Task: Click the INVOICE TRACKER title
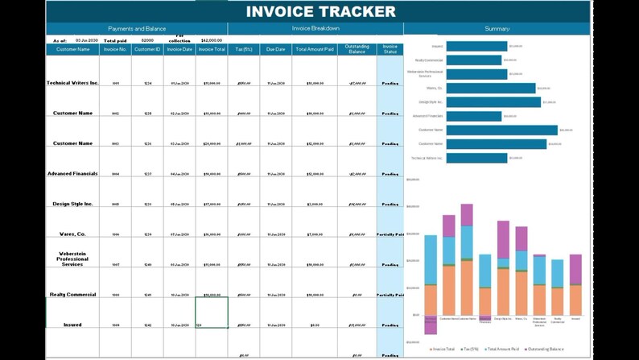tap(320, 11)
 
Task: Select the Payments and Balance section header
tap(137, 28)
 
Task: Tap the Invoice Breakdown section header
tap(315, 28)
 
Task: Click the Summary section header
tap(497, 28)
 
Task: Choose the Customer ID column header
tap(147, 49)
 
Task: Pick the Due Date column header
tap(276, 49)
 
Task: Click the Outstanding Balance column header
tap(357, 49)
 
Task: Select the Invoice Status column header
tap(390, 49)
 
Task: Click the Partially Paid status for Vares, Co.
tap(390, 234)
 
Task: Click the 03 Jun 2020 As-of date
tap(86, 39)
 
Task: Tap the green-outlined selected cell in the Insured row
tap(211, 312)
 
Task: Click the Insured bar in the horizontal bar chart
tap(476, 47)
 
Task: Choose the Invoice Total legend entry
tap(443, 349)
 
